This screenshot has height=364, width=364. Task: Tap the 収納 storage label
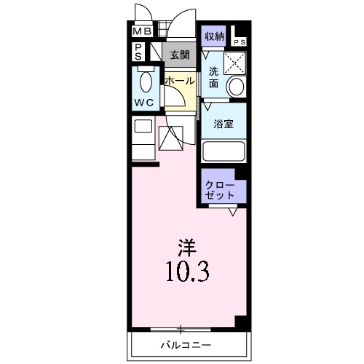214,36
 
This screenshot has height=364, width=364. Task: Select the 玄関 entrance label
180,55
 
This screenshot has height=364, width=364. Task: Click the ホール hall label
179,81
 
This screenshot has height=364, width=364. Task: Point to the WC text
143,103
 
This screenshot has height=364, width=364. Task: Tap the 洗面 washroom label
213,77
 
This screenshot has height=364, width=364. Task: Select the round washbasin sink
236,87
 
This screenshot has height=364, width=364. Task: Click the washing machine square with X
235,63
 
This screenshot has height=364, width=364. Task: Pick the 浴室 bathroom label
223,124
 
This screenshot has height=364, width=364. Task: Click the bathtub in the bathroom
223,151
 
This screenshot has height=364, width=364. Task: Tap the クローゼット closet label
221,189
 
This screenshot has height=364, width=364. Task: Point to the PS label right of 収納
240,42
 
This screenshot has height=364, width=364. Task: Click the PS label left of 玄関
138,52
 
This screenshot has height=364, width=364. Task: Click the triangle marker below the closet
233,213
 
